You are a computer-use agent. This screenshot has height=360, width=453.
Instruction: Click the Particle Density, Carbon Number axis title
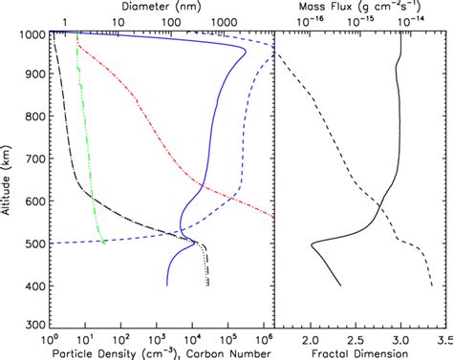(x=156, y=353)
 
